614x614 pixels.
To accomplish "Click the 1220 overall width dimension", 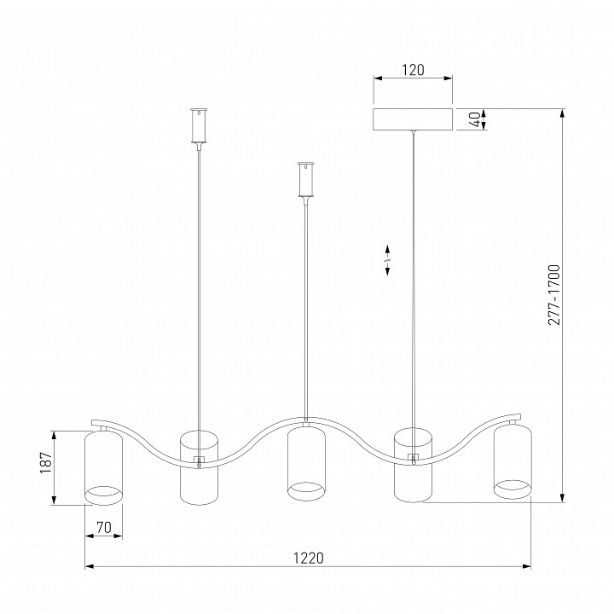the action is pos(309,558).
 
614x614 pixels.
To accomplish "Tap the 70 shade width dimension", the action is pos(104,528).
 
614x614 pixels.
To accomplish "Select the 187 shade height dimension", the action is pos(46,462).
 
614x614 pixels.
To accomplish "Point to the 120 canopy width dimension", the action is pos(413,70).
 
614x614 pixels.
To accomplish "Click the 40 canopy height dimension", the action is pos(475,119).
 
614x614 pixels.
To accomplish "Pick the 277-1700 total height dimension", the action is pos(554,295).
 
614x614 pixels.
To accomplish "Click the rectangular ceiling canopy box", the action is pos(413,119).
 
